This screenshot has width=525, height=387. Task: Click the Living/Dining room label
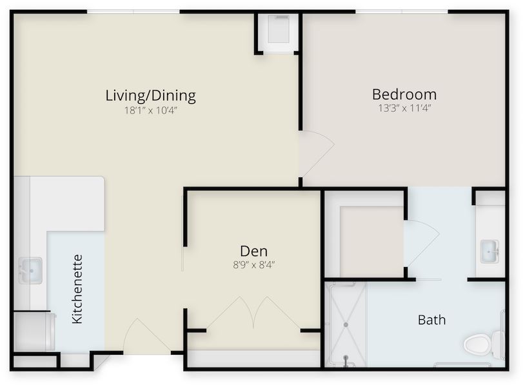pyautogui.click(x=150, y=96)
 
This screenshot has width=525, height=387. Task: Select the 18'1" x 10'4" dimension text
pyautogui.click(x=150, y=110)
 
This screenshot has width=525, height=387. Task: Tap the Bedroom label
pyautogui.click(x=404, y=94)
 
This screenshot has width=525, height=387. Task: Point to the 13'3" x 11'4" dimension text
pyautogui.click(x=404, y=108)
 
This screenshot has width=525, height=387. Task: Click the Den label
pyautogui.click(x=253, y=251)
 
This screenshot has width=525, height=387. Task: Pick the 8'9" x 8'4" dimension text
pyautogui.click(x=253, y=264)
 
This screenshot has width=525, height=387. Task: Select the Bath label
pyautogui.click(x=431, y=319)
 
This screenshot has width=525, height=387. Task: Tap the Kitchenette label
pyautogui.click(x=77, y=289)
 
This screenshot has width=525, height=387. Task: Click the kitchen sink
pyautogui.click(x=29, y=270)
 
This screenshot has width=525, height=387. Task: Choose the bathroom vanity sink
pyautogui.click(x=490, y=251)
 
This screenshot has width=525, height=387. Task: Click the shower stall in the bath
pyautogui.click(x=345, y=324)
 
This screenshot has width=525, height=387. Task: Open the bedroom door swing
pyautogui.click(x=315, y=152)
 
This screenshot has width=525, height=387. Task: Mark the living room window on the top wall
pyautogui.click(x=134, y=12)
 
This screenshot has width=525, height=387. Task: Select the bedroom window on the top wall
pyautogui.click(x=401, y=12)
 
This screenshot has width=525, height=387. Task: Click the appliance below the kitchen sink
pyautogui.click(x=34, y=332)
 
